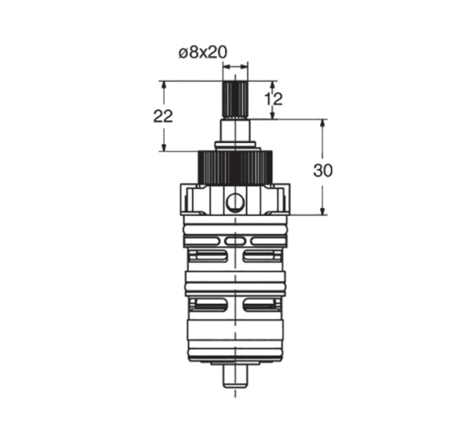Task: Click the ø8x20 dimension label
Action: pyautogui.click(x=203, y=53)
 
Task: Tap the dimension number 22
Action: pyautogui.click(x=163, y=116)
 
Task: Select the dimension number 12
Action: pyautogui.click(x=273, y=100)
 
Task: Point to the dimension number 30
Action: pyautogui.click(x=323, y=171)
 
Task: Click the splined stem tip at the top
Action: pyautogui.click(x=235, y=100)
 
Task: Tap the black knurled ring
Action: pyautogui.click(x=235, y=166)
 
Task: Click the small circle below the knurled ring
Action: pyautogui.click(x=235, y=202)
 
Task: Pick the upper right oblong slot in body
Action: pyautogui.click(x=262, y=256)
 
